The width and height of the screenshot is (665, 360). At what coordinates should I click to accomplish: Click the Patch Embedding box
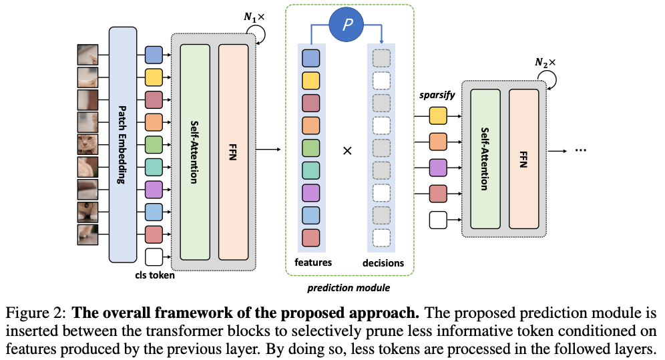[123, 145]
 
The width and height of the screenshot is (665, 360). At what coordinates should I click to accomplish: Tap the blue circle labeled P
[347, 25]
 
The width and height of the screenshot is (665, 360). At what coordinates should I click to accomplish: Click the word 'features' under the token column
[312, 262]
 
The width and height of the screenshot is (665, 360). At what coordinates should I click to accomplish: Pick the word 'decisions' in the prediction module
[383, 262]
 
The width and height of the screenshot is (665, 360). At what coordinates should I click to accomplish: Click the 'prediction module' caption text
[349, 288]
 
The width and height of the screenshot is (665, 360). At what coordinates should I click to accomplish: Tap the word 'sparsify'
[437, 95]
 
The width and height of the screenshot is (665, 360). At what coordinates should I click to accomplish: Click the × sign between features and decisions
[347, 151]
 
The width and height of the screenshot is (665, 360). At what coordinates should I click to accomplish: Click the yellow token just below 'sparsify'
[438, 116]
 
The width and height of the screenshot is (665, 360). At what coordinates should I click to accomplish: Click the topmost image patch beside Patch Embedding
[87, 53]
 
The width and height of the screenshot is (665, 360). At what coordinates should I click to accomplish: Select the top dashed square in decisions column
[381, 58]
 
